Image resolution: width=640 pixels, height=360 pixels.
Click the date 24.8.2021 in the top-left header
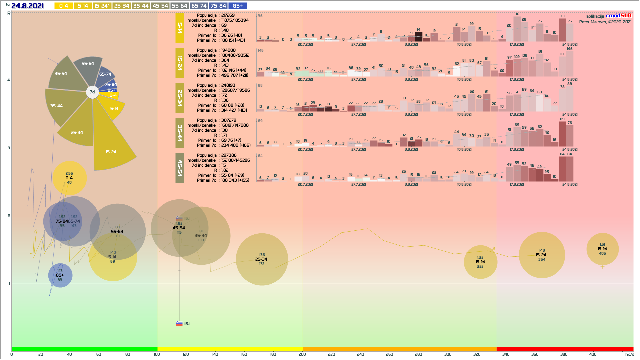coord(27,6)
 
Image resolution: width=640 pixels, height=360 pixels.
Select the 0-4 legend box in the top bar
coord(63,6)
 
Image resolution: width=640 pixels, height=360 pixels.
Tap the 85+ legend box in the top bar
coord(238,6)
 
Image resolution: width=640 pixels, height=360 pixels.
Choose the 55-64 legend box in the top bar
coord(180,6)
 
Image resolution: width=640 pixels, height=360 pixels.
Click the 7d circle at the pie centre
coord(92,92)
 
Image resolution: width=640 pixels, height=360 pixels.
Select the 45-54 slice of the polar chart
coord(65,75)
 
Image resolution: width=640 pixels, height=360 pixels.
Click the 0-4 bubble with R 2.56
coord(69,178)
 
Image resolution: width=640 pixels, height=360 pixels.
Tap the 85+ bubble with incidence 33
coord(60,275)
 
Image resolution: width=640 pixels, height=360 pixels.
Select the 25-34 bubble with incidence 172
coord(262,259)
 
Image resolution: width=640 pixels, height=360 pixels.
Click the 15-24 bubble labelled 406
coord(602,249)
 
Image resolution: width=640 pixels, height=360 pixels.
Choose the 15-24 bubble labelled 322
coord(480,262)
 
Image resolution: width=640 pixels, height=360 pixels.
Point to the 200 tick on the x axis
coord(302,354)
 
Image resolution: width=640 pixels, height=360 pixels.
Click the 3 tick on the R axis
coord(9,148)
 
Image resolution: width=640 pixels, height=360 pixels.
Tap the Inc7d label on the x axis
coord(629,354)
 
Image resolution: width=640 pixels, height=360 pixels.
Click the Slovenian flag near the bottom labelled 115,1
coord(179,324)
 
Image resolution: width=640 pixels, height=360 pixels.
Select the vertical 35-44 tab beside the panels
coord(180,133)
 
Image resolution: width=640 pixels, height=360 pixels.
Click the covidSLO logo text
coord(618,16)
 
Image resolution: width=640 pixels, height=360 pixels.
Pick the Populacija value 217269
coord(228,15)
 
